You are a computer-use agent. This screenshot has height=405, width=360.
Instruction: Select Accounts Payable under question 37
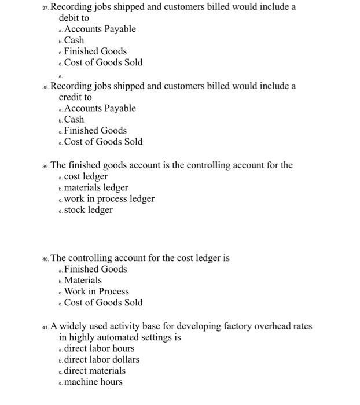100,29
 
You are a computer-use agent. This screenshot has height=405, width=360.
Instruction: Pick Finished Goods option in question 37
95,51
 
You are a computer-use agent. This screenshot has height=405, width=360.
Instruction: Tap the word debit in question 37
70,18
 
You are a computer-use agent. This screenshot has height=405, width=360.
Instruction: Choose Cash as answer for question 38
74,120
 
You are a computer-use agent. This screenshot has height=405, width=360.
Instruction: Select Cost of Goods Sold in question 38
103,142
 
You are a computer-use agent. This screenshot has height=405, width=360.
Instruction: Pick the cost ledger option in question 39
86,176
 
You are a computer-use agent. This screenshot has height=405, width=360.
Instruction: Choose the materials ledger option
96,187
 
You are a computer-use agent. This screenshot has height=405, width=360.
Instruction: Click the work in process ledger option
109,199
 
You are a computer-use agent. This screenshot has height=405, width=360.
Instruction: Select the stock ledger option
88,210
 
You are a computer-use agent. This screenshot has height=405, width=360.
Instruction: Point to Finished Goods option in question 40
95,269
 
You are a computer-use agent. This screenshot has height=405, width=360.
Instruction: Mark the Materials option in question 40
83,281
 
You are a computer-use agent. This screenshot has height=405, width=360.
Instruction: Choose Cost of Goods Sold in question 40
103,303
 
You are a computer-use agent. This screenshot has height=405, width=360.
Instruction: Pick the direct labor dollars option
101,360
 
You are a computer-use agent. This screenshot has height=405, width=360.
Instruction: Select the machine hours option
93,382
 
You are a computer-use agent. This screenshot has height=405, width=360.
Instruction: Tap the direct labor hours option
98,348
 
